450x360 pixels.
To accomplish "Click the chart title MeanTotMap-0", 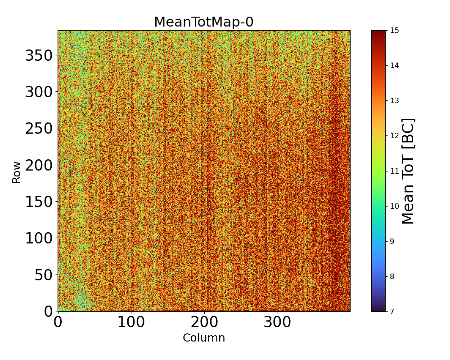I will pos(204,22).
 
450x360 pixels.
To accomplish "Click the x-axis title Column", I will pos(204,338).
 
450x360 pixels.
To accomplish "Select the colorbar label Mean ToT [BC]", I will pos(408,171).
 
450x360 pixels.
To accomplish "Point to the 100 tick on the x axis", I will pos(131,322).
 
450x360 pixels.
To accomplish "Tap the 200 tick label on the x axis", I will pos(204,322).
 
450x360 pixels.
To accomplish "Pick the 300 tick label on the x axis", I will pos(278,322).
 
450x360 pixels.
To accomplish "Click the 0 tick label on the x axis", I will pos(58,322).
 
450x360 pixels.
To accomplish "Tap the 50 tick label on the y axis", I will pos(44,275).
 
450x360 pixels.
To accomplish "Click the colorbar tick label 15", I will pos(395,31).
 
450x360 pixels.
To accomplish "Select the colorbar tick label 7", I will pos(392,311).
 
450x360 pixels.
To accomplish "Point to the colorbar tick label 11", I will pos(395,171).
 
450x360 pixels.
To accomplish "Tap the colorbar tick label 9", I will pos(392,241).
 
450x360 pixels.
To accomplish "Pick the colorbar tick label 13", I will pos(395,101).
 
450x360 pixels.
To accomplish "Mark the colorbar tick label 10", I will pos(395,206).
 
